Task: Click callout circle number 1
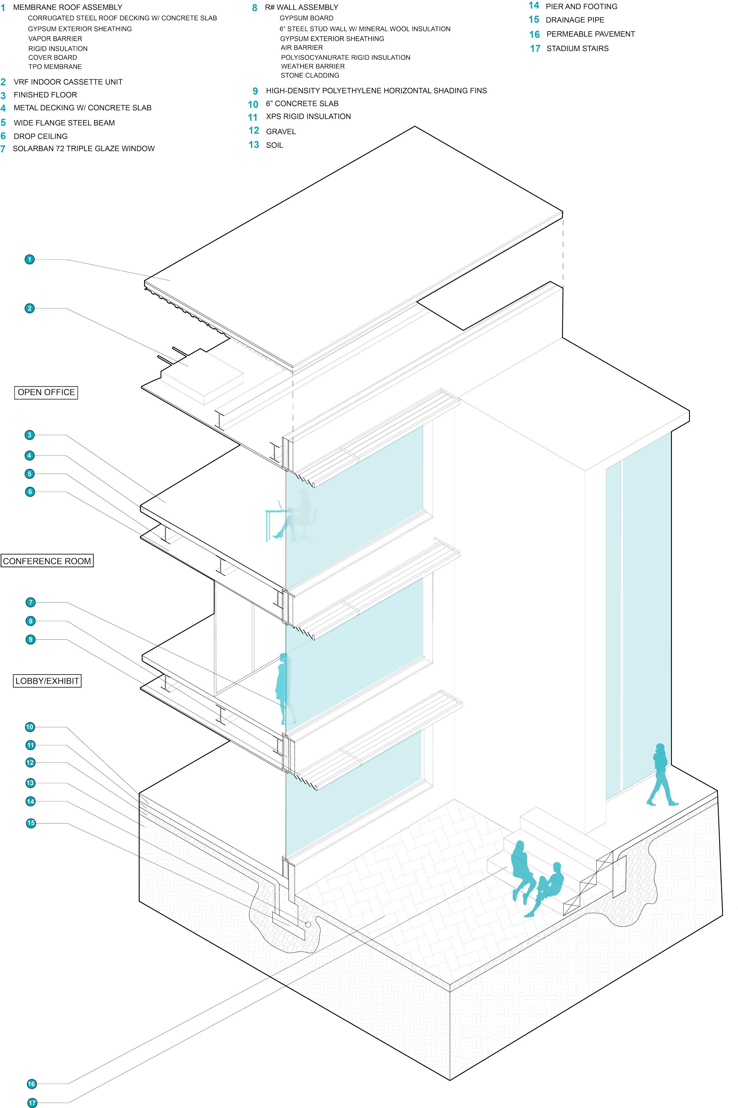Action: pos(30,259)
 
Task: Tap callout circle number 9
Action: pos(31,639)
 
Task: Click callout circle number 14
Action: pos(31,801)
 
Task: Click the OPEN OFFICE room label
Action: pos(46,392)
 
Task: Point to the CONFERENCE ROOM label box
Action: pos(47,561)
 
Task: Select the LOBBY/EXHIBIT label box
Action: pos(47,681)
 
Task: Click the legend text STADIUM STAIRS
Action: pos(577,48)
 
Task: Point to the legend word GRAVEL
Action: pos(281,131)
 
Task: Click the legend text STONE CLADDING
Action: pos(310,75)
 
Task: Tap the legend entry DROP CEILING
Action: pos(40,136)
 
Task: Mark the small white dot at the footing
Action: pos(308,924)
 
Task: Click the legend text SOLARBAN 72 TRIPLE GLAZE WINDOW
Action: pos(84,149)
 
